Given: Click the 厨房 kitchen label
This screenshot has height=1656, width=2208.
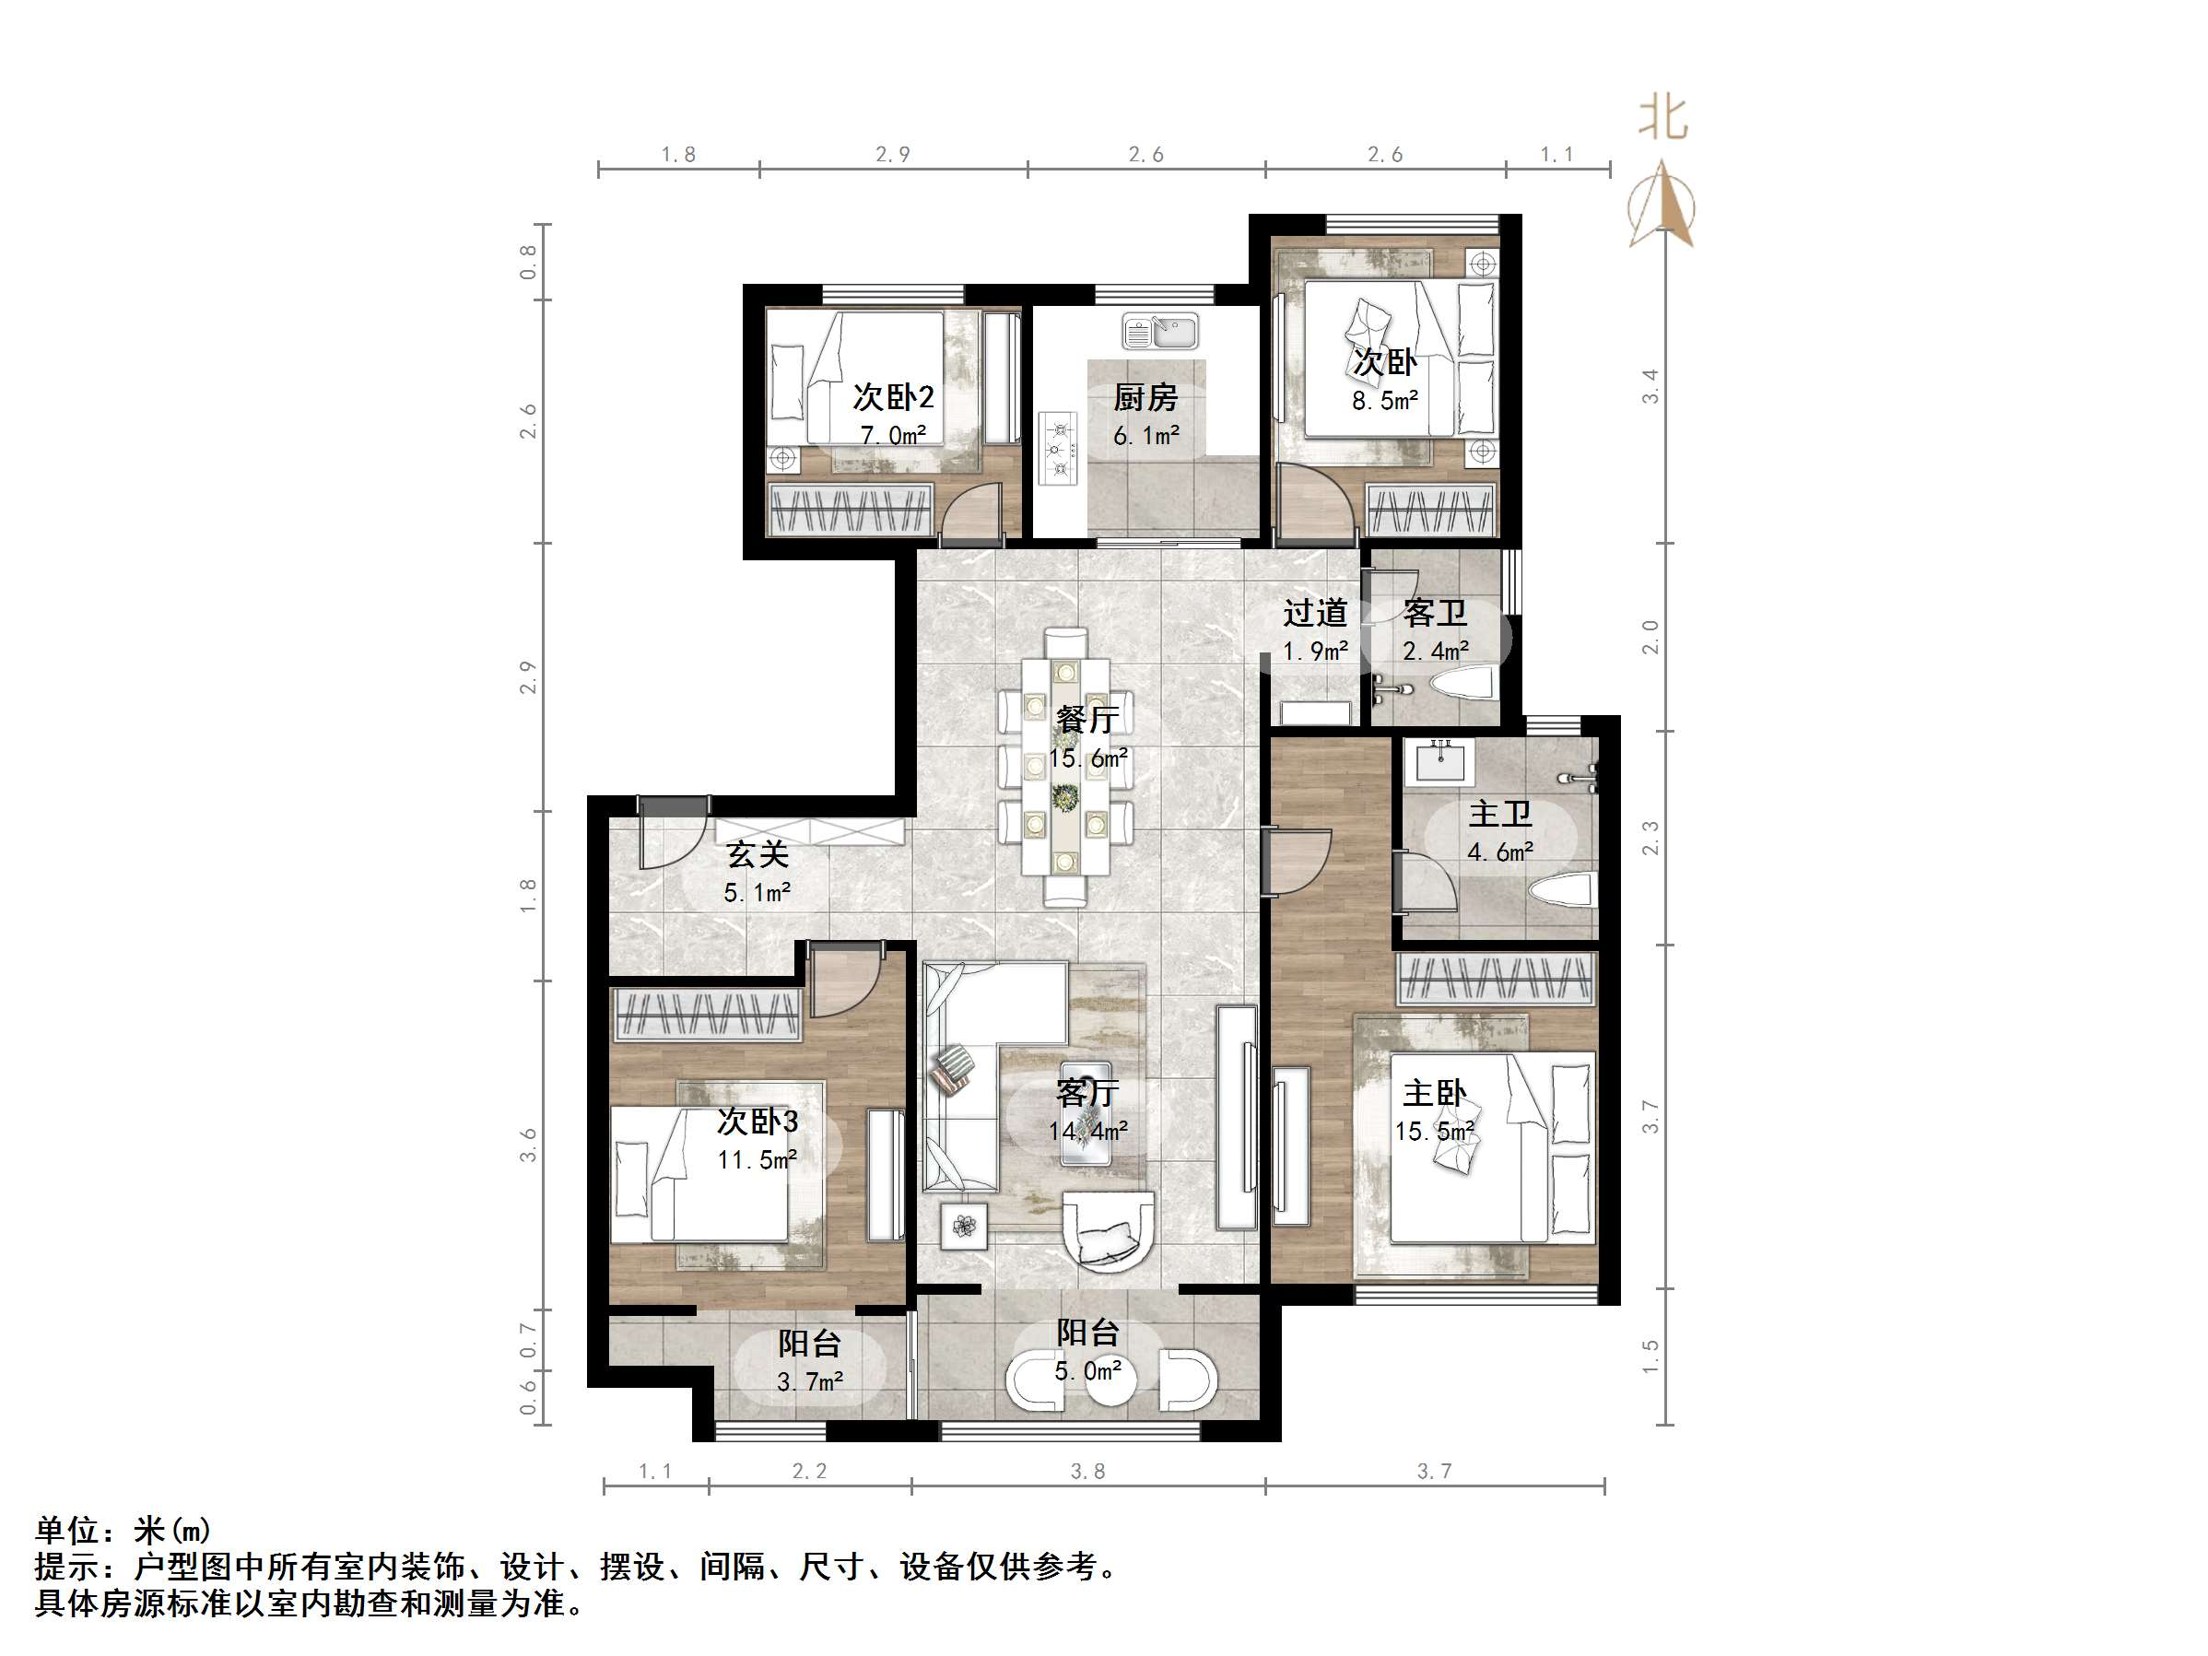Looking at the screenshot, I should [1145, 397].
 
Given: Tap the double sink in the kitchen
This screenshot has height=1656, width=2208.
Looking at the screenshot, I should [1160, 332].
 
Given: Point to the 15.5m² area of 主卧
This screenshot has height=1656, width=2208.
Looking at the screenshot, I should [1435, 1131].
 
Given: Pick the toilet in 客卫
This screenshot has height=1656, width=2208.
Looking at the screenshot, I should [1462, 684].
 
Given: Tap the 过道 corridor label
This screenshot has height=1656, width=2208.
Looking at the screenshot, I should [1315, 612].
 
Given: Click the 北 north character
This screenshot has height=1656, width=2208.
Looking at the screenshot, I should [1662, 119].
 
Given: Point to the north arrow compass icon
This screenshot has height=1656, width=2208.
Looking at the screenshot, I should [1661, 206].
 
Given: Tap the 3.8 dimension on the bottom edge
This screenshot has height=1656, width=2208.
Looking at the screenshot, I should [1087, 1472].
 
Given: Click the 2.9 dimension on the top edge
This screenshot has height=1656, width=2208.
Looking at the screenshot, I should [892, 155].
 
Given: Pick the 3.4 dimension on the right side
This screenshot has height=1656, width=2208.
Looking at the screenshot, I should [1651, 385].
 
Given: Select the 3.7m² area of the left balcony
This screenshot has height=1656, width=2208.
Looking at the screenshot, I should [809, 1381].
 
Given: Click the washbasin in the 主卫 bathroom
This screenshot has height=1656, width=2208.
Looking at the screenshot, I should [1440, 761].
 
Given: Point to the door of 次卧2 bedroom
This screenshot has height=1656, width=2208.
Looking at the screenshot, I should [974, 511].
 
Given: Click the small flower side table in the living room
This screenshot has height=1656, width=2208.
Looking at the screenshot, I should [964, 1226].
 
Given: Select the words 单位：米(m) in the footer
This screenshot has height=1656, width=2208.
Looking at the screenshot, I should [123, 1529].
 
